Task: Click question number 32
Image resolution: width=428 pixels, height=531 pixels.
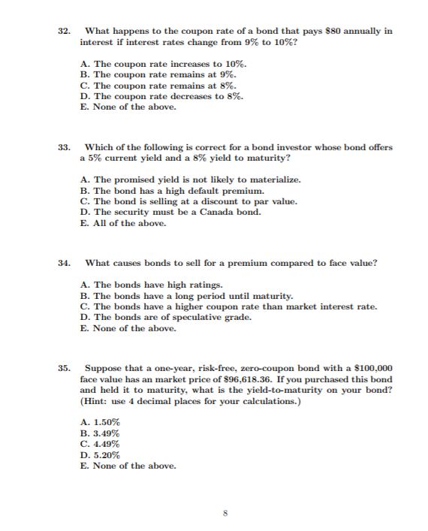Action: [x=64, y=31]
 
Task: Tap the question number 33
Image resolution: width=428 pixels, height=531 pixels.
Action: [x=64, y=147]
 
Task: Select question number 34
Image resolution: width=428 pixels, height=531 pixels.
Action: [x=64, y=263]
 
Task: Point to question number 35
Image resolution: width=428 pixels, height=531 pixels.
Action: [x=64, y=368]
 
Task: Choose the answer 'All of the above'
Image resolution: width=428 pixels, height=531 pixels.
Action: [x=122, y=223]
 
